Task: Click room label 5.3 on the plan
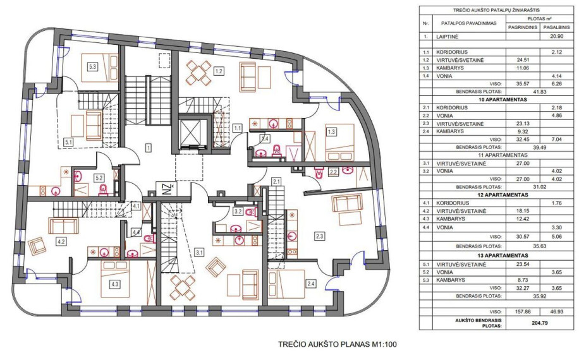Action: pos(92,67)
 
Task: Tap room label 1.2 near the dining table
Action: pos(219,71)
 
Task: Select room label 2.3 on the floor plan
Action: pos(319,236)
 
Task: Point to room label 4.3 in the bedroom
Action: pos(114,284)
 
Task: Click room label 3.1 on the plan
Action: pos(199,253)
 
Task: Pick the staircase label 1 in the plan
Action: pos(148,148)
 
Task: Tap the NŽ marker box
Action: pos(166,188)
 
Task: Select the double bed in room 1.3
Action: pos(339,142)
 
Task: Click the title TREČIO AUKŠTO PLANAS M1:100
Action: pos(337,344)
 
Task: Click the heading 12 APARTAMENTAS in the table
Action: pos(501,195)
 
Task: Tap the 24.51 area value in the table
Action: pos(523,60)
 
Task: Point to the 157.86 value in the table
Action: pos(523,311)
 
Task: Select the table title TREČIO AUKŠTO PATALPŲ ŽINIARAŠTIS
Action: pos(497,10)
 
